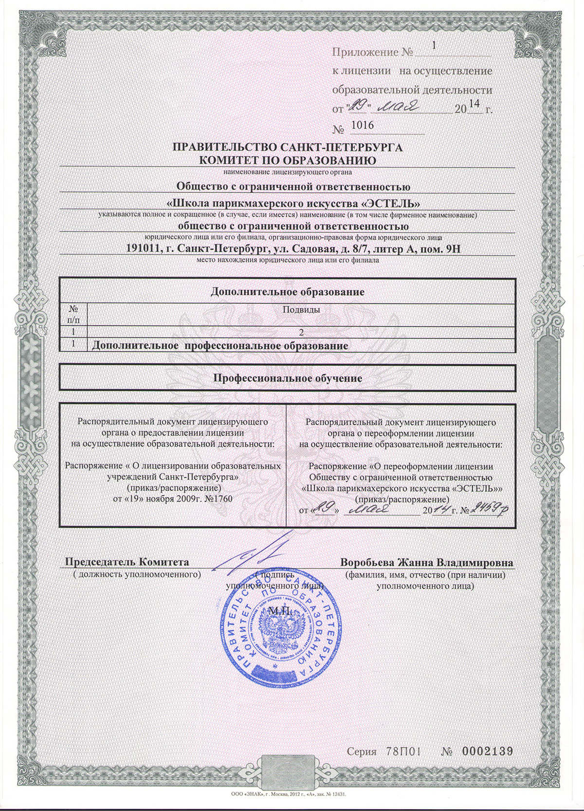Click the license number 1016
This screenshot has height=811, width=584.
click(x=362, y=126)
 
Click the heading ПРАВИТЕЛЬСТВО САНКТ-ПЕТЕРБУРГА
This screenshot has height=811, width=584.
click(x=288, y=148)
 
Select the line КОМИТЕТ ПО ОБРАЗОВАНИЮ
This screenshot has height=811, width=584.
click(x=288, y=160)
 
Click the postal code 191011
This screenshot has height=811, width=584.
click(x=142, y=249)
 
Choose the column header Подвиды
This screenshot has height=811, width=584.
click(x=301, y=310)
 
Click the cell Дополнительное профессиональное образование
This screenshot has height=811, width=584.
click(x=220, y=346)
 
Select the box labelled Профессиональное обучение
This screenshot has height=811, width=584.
click(x=287, y=377)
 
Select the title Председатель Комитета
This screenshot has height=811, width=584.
click(x=128, y=563)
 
